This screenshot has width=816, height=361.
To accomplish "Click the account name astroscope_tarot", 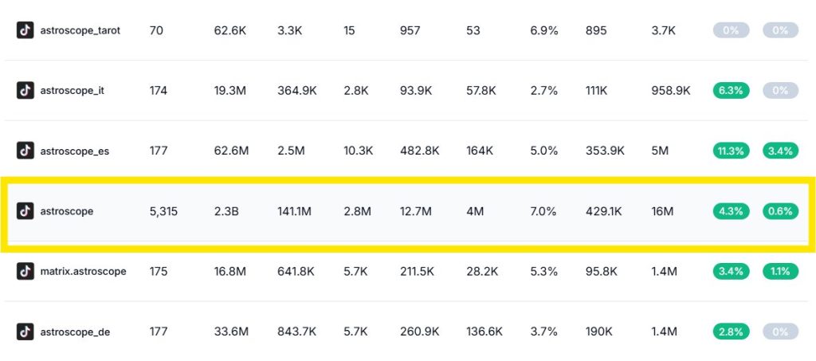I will (x=80, y=30).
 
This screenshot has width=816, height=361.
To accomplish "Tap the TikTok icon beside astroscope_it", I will (x=25, y=91).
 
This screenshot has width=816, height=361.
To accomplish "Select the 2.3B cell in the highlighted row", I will (x=226, y=211).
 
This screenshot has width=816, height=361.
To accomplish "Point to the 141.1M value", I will (x=296, y=211).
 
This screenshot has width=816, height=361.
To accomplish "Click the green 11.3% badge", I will (x=731, y=151).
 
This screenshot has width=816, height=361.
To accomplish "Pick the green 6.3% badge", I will (x=731, y=91).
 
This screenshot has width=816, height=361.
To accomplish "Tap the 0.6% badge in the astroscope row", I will (x=780, y=211).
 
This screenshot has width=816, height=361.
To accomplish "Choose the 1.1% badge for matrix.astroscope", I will (x=780, y=272).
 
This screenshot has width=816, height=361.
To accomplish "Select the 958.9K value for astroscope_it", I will (x=670, y=91).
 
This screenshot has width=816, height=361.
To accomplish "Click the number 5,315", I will (x=164, y=211).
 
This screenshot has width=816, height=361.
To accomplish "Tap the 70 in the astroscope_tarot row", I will (x=155, y=30).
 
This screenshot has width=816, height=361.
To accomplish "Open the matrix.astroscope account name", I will (x=83, y=272).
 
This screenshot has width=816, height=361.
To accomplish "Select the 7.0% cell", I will (x=544, y=211).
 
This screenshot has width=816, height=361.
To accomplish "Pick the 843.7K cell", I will (x=296, y=332).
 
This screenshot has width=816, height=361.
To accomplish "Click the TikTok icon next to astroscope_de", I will (x=25, y=332).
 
